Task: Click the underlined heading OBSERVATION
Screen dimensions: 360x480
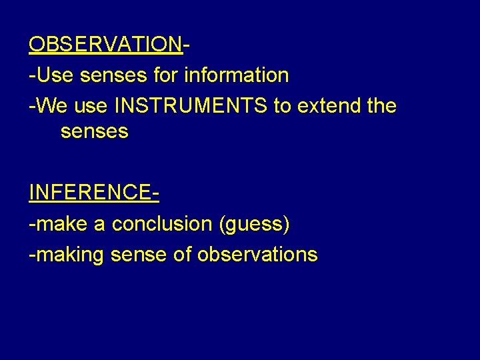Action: click(105, 45)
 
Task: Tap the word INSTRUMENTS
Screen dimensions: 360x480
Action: click(191, 105)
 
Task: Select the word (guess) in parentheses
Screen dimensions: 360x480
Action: click(255, 225)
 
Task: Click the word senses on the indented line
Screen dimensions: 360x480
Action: click(94, 132)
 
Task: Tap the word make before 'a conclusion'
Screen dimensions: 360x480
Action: click(63, 224)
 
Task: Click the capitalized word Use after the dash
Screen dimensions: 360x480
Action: click(55, 75)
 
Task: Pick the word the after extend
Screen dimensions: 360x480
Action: click(380, 105)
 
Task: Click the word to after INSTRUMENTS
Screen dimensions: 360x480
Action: click(281, 105)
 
